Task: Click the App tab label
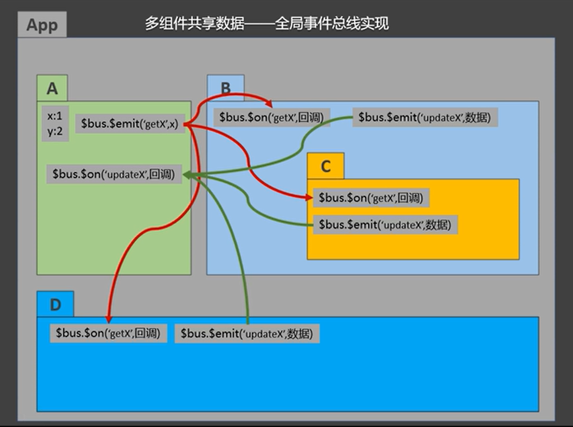[x=42, y=25]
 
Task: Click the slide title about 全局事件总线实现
[x=267, y=23]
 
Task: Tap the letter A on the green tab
[x=52, y=89]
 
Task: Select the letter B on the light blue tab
[x=225, y=88]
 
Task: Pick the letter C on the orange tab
[x=325, y=166]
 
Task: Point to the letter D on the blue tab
[x=55, y=305]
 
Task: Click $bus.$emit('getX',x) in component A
[x=130, y=123]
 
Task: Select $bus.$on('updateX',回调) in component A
[x=114, y=174]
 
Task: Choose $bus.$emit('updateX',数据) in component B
[x=425, y=118]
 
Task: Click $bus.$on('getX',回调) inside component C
[x=371, y=197]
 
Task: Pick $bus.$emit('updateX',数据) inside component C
[x=385, y=225]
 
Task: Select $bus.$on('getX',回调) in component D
[x=108, y=333]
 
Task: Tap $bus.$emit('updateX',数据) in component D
[x=247, y=333]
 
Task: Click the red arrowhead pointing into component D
[x=108, y=319]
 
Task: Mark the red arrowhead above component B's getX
[x=269, y=104]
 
